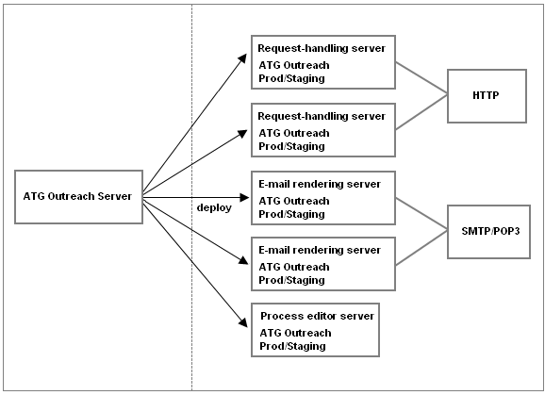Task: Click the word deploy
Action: point(214,207)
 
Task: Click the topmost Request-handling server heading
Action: point(322,48)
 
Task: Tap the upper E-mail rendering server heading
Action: point(320,184)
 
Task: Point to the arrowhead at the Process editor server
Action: point(243,322)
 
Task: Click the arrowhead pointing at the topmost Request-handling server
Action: point(242,58)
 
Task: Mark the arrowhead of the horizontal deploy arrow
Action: point(245,197)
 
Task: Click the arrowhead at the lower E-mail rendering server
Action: point(243,260)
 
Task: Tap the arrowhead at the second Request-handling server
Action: point(242,134)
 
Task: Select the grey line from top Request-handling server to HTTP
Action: point(421,78)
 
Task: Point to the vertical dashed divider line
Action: point(191,197)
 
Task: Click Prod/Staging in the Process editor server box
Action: point(292,346)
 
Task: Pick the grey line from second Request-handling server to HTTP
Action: point(421,112)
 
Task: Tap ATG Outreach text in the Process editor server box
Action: point(295,333)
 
